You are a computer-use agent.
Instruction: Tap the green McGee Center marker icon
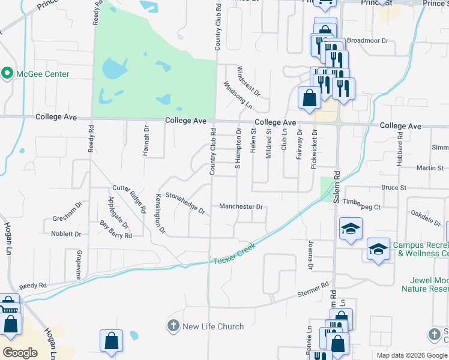click(x=7, y=74)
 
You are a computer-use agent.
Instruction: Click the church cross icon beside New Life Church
click(x=173, y=326)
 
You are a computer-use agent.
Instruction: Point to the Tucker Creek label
click(x=234, y=254)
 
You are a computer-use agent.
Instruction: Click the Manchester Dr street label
click(x=241, y=207)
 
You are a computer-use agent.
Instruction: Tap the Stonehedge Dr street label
click(x=185, y=203)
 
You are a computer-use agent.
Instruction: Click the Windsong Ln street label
click(x=238, y=95)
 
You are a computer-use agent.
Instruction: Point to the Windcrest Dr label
click(x=249, y=82)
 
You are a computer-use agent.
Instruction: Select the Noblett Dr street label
click(x=66, y=234)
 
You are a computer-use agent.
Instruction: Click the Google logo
click(x=21, y=353)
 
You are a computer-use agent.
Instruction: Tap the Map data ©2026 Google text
click(x=412, y=355)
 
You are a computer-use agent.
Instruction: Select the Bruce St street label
click(x=394, y=188)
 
